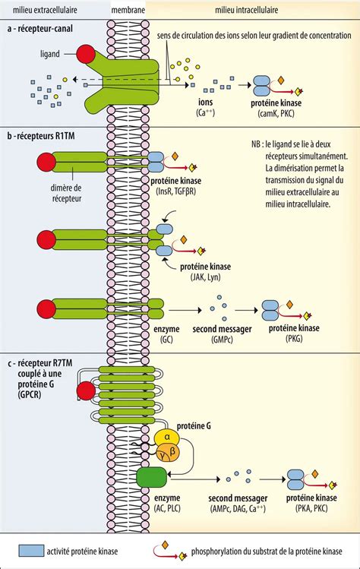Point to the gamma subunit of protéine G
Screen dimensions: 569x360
(162, 453)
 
